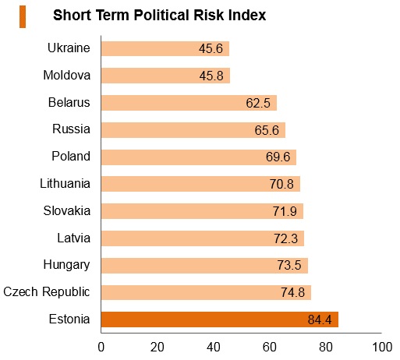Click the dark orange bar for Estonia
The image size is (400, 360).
click(x=220, y=319)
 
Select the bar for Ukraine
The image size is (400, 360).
click(x=165, y=48)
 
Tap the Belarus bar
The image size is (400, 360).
click(x=189, y=103)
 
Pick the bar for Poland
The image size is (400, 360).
click(x=199, y=157)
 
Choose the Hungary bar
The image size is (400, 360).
click(x=204, y=266)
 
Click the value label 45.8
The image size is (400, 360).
click(x=211, y=76)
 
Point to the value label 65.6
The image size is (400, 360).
click(x=267, y=130)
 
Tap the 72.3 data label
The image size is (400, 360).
click(x=285, y=238)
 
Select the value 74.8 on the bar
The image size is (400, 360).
click(x=292, y=292)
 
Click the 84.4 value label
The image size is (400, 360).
click(x=320, y=319)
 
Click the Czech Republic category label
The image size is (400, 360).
click(x=47, y=292)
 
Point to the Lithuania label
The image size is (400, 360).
click(x=65, y=183)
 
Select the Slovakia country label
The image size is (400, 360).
click(x=67, y=210)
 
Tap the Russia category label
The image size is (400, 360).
click(x=71, y=129)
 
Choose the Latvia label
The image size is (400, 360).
click(x=74, y=238)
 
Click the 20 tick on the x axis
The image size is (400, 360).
click(x=158, y=347)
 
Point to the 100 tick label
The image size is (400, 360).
click(x=382, y=347)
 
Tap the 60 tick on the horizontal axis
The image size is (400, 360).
click(x=270, y=347)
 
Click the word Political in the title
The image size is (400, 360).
click(x=161, y=15)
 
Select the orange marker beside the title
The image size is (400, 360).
click(x=23, y=17)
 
